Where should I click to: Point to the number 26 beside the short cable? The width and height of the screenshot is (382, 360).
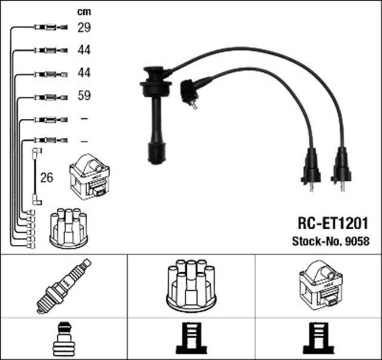pos(47,177)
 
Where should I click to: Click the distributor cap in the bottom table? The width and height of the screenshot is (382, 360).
pos(191,285)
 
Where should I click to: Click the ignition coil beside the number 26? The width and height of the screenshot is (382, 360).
pos(90,176)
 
